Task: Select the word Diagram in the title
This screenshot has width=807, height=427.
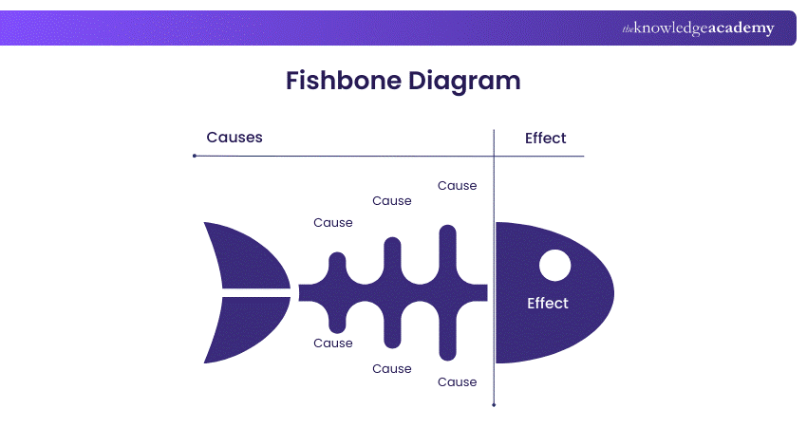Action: point(465,81)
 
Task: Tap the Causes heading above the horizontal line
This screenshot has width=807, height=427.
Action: point(235,138)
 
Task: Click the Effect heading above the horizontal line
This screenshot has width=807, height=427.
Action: point(545,139)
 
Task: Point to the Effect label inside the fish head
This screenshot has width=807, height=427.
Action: point(547,304)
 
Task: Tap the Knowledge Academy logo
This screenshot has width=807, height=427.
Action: point(698,28)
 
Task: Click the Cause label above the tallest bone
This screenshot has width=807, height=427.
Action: point(457,186)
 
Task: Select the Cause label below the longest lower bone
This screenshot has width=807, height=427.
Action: point(457,382)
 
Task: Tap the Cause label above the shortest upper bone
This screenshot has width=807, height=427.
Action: point(333,223)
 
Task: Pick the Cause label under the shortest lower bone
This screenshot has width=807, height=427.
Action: point(333,343)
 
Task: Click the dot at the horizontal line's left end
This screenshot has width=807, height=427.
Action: point(195,156)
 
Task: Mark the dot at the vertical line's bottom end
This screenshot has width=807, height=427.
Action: point(494,404)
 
